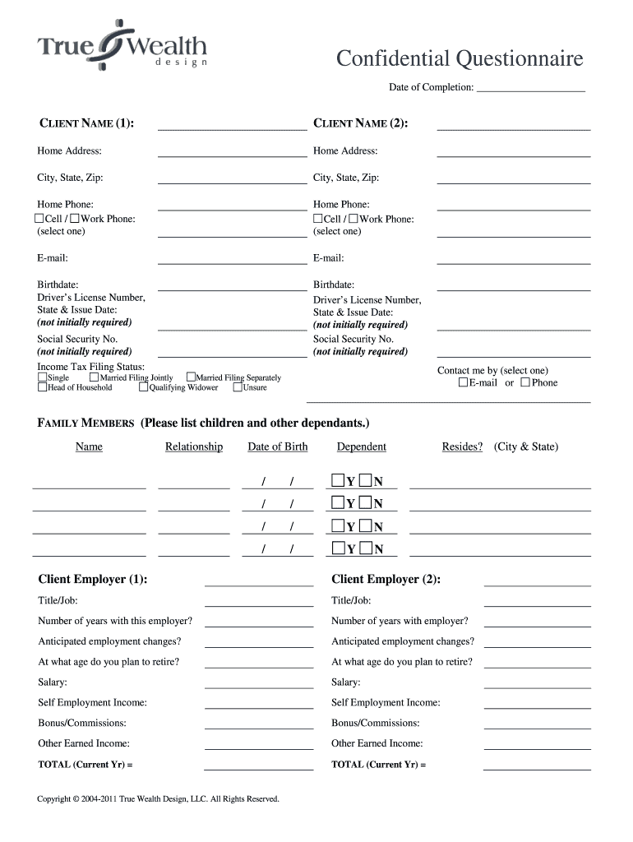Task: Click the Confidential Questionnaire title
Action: click(x=460, y=59)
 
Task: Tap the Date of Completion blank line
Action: click(x=530, y=87)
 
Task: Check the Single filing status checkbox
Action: click(x=43, y=377)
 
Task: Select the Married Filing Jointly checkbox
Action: click(x=94, y=377)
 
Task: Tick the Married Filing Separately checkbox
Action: click(x=191, y=377)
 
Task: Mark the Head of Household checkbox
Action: click(x=43, y=387)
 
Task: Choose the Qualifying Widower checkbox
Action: click(x=144, y=387)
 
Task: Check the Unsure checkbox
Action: click(x=238, y=387)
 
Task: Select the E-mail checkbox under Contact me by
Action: click(x=464, y=382)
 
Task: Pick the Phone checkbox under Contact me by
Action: click(x=525, y=382)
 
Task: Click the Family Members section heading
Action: click(x=85, y=423)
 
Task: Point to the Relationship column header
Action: click(x=194, y=446)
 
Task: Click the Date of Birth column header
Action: click(x=278, y=446)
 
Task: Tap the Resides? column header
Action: click(x=462, y=446)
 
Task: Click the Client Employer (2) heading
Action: click(x=386, y=579)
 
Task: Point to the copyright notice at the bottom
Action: click(x=159, y=798)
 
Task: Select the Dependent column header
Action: click(x=361, y=446)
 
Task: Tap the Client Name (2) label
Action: click(x=361, y=123)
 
